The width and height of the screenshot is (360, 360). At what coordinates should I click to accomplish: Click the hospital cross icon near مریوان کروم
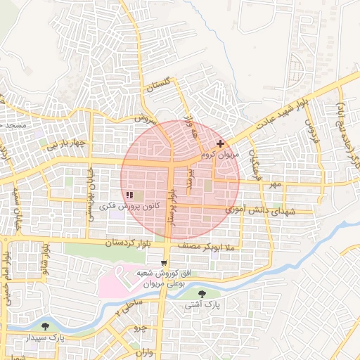click(x=220, y=143)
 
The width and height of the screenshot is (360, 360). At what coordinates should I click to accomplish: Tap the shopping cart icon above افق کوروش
click(x=164, y=263)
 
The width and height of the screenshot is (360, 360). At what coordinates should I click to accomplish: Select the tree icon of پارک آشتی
click(x=202, y=294)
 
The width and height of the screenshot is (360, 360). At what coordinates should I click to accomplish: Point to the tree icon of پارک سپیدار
click(x=46, y=326)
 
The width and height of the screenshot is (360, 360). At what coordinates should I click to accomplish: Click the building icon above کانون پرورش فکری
click(x=129, y=195)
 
